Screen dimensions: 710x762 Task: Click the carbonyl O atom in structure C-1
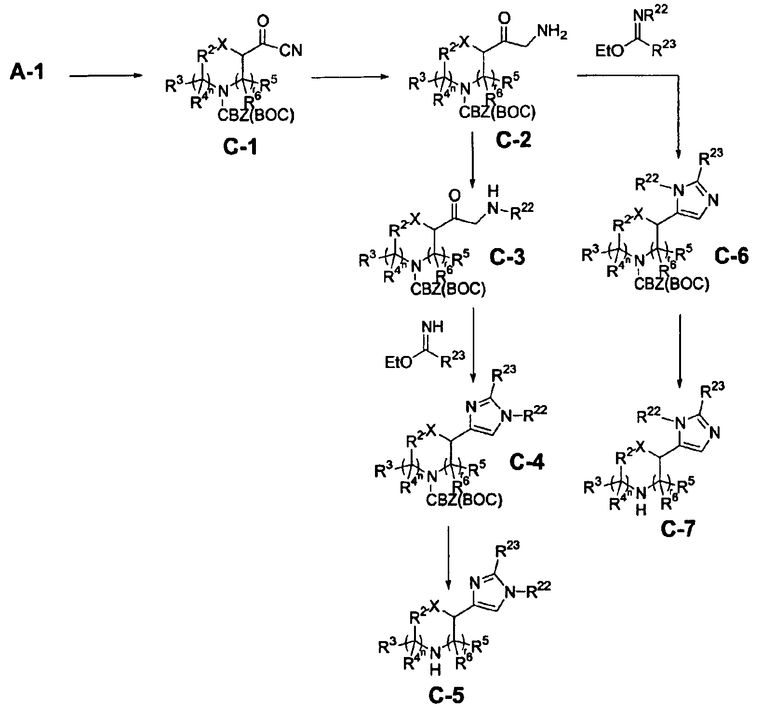[263, 21]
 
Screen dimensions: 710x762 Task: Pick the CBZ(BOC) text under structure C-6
[671, 285]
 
